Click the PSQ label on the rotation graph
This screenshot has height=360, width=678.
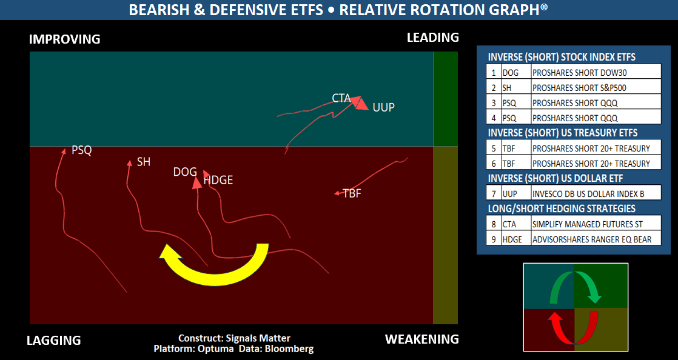click(x=82, y=150)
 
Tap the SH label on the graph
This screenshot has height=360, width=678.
click(x=144, y=162)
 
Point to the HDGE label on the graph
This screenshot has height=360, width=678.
click(x=218, y=180)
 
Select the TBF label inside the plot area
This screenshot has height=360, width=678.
click(x=352, y=194)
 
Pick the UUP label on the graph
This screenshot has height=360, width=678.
click(x=383, y=108)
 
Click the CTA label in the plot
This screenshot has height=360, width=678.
click(x=341, y=98)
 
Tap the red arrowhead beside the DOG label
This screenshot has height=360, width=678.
click(x=196, y=182)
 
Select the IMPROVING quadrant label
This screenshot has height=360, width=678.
click(x=64, y=39)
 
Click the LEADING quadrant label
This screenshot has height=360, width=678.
click(x=432, y=38)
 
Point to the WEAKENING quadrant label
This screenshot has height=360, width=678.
click(x=421, y=339)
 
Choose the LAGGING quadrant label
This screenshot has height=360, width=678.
click(x=53, y=341)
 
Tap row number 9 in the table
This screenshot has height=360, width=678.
click(x=494, y=239)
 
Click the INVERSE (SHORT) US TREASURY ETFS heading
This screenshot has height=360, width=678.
click(x=562, y=133)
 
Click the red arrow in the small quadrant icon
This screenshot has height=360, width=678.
click(x=574, y=330)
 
